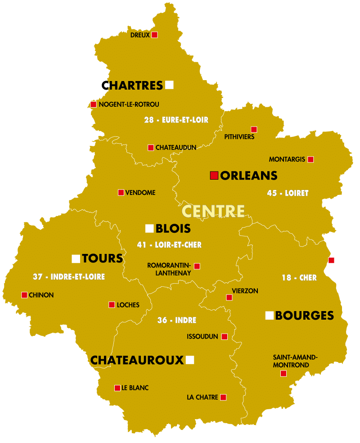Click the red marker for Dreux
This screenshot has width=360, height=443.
154,35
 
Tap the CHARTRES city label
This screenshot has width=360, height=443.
132,85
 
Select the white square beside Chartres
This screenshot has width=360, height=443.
169,85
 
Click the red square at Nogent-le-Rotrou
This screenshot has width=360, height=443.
94,104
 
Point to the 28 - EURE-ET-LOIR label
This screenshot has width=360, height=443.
176,120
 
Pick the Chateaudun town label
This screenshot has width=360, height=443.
176,148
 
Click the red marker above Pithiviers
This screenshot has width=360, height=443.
254,130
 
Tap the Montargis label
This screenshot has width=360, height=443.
287,159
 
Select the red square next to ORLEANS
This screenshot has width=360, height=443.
214,176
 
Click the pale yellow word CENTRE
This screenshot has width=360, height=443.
213,211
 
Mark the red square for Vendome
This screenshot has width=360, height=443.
121,193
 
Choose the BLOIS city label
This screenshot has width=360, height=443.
173,229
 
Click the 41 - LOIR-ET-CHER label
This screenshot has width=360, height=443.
169,245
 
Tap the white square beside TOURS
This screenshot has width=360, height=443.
76,258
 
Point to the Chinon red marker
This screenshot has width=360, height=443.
24,295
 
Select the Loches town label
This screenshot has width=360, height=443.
128,305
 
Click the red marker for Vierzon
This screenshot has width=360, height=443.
229,298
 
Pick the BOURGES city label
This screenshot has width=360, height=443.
304,316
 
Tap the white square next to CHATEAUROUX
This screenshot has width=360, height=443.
190,360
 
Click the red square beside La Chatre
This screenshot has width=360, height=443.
223,398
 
